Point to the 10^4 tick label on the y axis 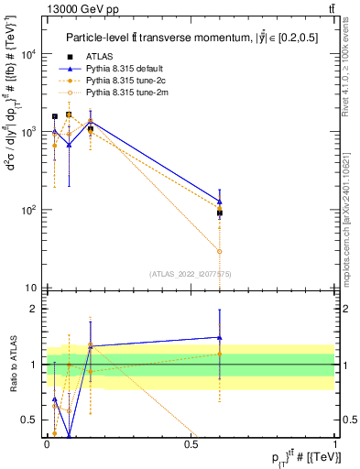pos(30,54)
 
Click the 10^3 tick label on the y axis pos(30,132)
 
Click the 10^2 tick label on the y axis pos(30,210)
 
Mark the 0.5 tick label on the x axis pos(191,442)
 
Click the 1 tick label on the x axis pos(335,442)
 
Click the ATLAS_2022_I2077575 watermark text pos(190,273)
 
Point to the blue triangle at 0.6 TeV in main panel pos(220,201)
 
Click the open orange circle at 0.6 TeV pos(220,251)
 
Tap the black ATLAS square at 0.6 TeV pos(220,213)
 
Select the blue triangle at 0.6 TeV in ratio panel pos(220,337)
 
